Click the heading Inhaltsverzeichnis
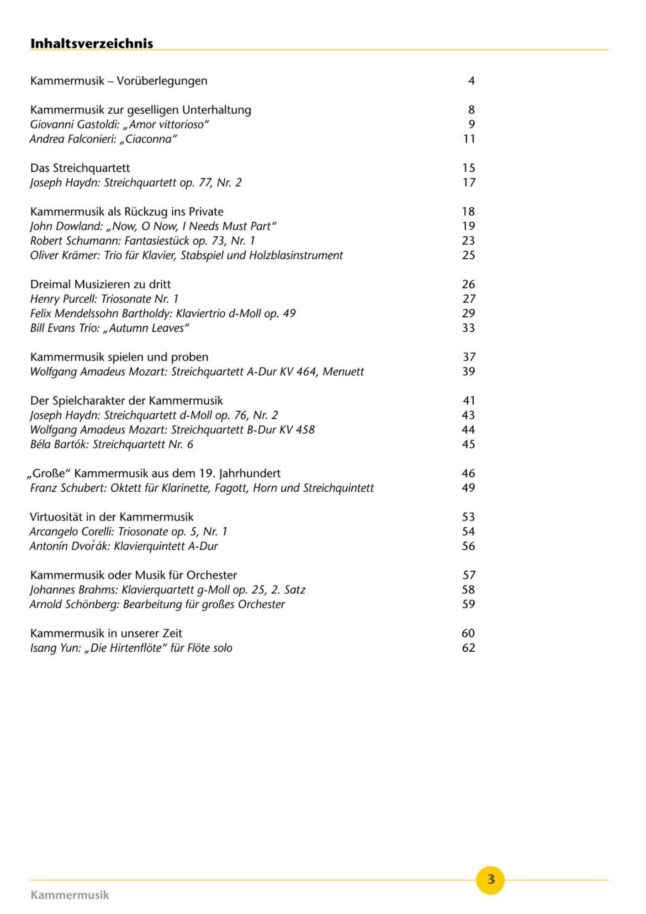tap(91, 43)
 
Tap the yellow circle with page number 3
tap(490, 879)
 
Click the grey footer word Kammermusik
tap(69, 895)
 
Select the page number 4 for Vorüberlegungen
tap(471, 81)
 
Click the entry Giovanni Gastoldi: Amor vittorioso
tap(119, 124)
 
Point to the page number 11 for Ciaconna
tap(469, 139)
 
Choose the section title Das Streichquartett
tap(80, 168)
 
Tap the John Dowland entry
tap(153, 226)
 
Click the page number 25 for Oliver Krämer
tap(468, 255)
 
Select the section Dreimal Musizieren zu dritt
tap(101, 284)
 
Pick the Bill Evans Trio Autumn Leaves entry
tap(109, 328)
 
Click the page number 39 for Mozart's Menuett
tap(468, 372)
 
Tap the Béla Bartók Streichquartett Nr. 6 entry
tap(111, 444)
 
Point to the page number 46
tap(468, 473)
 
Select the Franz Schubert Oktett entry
tap(201, 488)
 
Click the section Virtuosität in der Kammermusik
tap(111, 517)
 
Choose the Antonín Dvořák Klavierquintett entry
tap(123, 546)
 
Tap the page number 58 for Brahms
tap(468, 590)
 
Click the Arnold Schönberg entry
tap(157, 604)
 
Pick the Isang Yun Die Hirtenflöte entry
tap(131, 648)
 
